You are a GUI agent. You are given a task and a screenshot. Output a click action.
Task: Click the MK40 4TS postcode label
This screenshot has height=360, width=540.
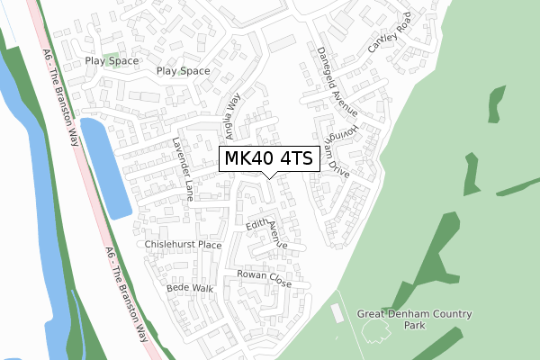269,159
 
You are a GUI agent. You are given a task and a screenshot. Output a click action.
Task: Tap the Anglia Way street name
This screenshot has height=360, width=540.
233,118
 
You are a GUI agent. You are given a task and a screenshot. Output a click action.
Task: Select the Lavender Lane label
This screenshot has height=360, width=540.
184,168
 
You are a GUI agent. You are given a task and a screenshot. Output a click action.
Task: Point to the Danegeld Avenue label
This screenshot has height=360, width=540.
336,82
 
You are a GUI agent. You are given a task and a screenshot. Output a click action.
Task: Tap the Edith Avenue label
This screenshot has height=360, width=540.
267,232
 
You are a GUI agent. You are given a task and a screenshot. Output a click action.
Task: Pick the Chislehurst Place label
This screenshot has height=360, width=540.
183,245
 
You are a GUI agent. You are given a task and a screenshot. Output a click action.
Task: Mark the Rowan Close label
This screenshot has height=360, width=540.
264,278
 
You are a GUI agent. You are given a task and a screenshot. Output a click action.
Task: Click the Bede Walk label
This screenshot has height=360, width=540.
190,288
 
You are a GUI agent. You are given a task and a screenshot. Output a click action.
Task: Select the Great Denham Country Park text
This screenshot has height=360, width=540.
414,320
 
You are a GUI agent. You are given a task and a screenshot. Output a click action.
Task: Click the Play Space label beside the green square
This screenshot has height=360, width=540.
112,61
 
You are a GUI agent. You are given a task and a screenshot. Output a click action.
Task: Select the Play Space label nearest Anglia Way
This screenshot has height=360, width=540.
183,70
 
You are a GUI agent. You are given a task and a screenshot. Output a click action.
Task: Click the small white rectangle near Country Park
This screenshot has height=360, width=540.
337,313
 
